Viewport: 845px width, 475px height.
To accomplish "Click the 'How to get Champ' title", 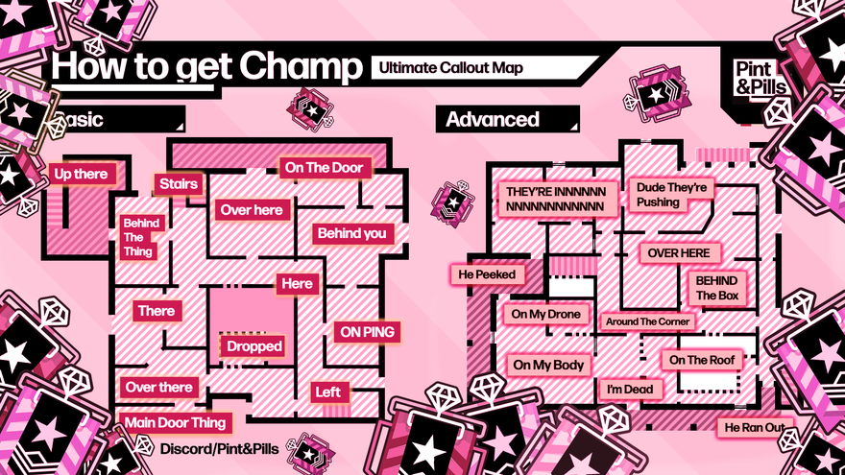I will click(x=206, y=67).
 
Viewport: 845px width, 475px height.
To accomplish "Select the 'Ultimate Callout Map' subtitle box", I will click(x=450, y=68).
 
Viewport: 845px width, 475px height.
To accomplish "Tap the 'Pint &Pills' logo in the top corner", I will click(x=760, y=76).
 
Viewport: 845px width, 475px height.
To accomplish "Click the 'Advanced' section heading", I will click(x=493, y=119).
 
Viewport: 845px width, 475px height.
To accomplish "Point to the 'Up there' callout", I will click(x=81, y=174).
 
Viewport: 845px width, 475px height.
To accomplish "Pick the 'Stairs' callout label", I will click(x=179, y=183).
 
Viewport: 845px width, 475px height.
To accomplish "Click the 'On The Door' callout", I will click(x=324, y=168).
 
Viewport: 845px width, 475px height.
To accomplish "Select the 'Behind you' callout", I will click(x=351, y=232).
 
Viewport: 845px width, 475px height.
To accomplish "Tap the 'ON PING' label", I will click(x=366, y=331).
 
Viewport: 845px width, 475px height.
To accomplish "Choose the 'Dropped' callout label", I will click(x=254, y=345).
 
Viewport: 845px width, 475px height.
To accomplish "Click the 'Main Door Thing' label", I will click(x=176, y=422).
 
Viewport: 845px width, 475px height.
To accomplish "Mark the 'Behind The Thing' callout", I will click(x=140, y=237).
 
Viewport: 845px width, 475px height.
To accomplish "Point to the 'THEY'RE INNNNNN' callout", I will click(x=555, y=199).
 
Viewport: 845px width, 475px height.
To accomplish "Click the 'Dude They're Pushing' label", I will click(x=670, y=195).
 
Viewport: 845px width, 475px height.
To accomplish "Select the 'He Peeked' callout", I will click(x=487, y=274).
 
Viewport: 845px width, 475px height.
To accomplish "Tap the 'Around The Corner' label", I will click(x=647, y=321).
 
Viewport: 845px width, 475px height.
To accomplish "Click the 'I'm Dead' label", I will click(x=630, y=389).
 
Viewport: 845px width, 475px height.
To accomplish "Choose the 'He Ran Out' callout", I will click(x=754, y=426).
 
